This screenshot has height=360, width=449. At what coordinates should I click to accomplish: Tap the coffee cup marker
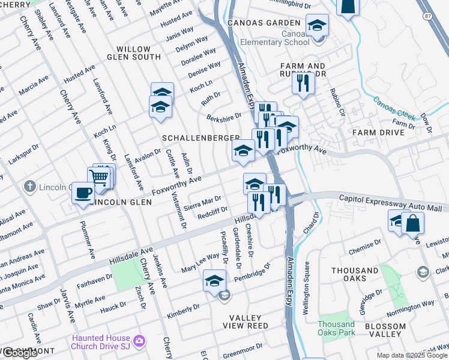click(x=83, y=193)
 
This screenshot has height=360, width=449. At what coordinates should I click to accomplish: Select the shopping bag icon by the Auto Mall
click(x=413, y=223)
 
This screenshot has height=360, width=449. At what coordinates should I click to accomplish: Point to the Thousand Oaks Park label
click(x=336, y=328)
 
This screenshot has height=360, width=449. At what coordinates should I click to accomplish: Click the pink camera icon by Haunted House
click(x=139, y=341)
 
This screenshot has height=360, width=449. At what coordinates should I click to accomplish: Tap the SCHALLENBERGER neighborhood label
click(x=201, y=138)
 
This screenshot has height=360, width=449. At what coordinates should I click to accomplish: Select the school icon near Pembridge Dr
click(x=214, y=280)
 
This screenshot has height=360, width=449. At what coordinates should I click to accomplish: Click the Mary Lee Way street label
click(x=200, y=262)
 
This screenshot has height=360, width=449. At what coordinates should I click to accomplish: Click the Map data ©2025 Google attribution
click(x=412, y=355)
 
